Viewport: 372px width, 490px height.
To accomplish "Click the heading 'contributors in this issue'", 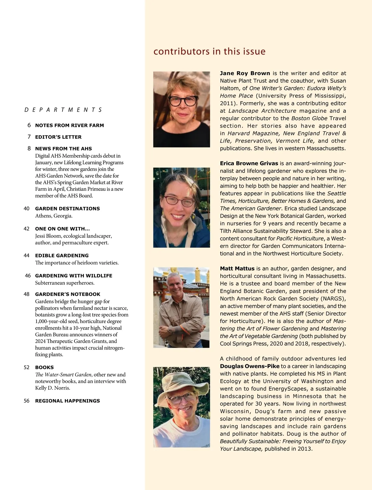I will coord(209,51).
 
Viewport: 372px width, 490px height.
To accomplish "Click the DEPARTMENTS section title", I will coord(63,110).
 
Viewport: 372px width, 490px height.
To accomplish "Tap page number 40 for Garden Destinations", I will coord(27,208).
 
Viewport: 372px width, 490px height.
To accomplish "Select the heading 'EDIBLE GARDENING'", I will coord(62,256).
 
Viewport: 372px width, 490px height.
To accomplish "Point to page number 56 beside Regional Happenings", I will coord(27,401).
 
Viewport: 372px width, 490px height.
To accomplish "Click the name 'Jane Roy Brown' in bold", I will coord(245,73).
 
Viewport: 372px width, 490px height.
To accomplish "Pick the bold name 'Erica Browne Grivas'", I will coord(249,163).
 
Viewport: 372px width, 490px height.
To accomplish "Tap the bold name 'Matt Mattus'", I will coord(237,269).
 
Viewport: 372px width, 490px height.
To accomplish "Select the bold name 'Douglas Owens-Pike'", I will coord(250,366).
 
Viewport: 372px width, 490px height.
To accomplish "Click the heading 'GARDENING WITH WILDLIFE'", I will coord(73,276).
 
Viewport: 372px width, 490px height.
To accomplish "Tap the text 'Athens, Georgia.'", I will coord(54,216).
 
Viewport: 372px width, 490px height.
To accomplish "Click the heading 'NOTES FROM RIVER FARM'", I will coord(69,125).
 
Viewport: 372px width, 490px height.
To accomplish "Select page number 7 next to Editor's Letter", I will coord(29,137).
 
